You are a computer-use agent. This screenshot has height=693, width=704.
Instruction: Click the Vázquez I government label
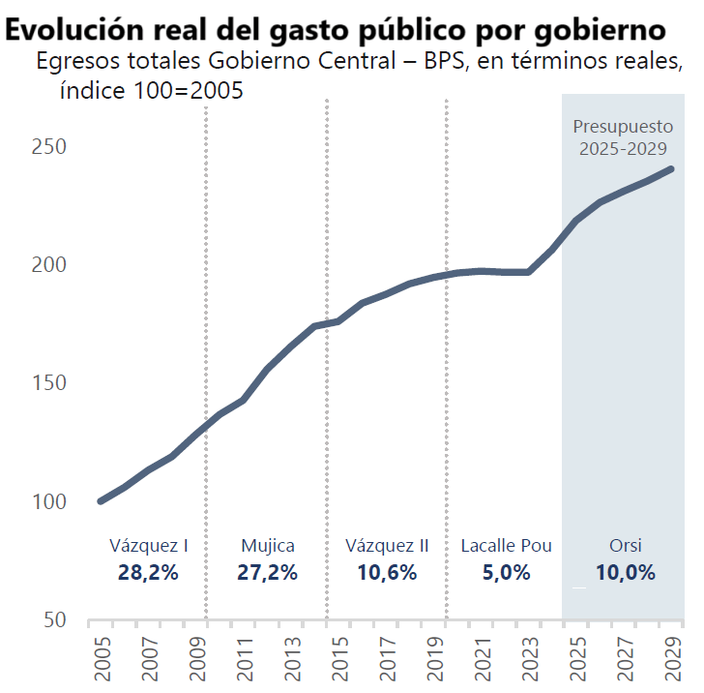148,546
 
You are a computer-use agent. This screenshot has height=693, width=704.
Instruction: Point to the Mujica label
268,546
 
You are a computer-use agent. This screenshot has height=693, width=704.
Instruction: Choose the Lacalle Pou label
507,546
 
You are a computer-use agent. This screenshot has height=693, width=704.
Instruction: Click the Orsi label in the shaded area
625,546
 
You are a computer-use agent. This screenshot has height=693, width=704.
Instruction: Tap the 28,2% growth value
148,572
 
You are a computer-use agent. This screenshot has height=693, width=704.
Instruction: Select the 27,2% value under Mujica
268,572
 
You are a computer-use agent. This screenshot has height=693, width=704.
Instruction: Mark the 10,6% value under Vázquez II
387,572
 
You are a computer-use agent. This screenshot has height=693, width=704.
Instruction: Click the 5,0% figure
507,572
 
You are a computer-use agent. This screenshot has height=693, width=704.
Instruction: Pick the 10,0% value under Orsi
625,572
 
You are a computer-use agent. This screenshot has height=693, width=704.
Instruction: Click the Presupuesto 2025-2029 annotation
622,137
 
